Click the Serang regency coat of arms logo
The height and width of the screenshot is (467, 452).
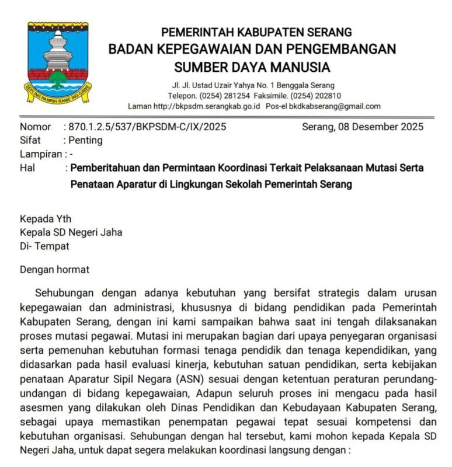(58, 63)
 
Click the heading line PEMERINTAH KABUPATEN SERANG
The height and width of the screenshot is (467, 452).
(256, 32)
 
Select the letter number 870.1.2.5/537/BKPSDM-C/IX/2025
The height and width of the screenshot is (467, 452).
(147, 127)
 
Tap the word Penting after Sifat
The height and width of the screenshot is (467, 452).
(85, 140)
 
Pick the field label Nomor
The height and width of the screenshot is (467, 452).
(35, 127)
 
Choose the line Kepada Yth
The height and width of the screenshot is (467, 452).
(46, 219)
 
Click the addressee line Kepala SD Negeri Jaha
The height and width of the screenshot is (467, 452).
(71, 232)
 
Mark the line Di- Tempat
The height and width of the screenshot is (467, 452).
(44, 246)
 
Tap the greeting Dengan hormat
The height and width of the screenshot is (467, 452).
(55, 270)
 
